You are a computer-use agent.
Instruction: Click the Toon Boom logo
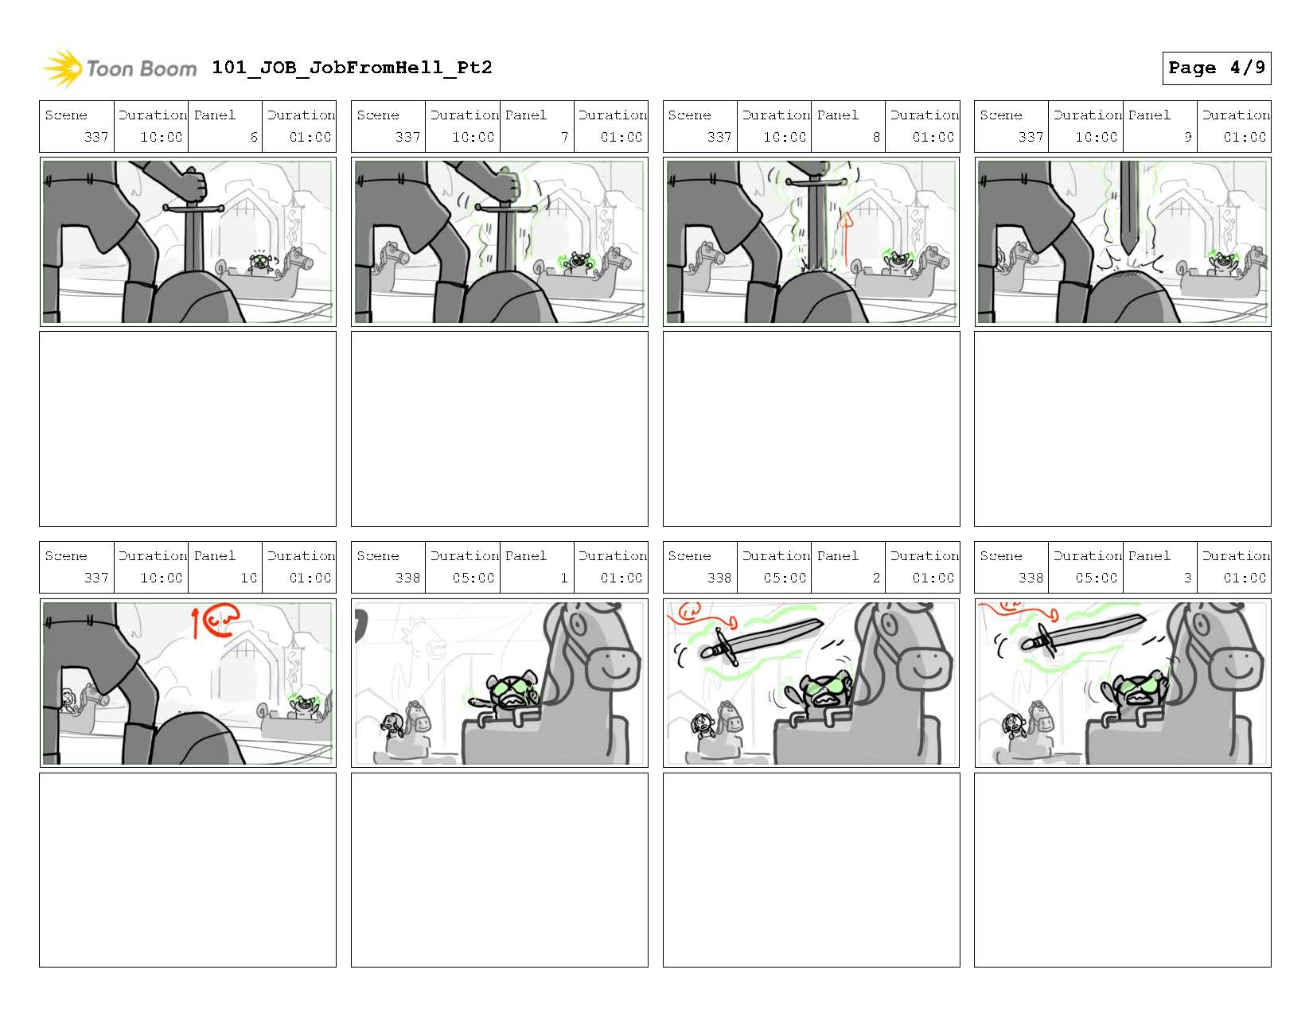point(119,68)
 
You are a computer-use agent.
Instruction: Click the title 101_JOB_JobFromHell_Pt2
point(352,67)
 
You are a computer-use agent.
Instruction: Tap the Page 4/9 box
point(1217,68)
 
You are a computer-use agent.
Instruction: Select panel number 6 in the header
point(254,137)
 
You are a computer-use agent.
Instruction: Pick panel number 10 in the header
point(249,578)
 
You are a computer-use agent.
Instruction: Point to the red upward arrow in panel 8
point(846,239)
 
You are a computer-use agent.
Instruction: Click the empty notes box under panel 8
point(811,429)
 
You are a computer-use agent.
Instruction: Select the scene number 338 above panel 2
point(719,578)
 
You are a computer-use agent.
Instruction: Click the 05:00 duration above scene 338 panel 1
point(473,578)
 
